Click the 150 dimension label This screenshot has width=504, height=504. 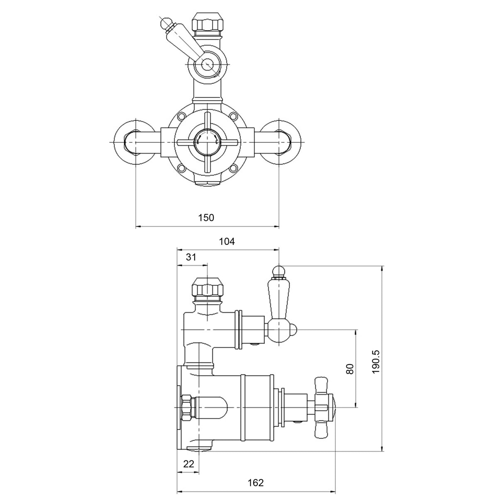tap(206, 218)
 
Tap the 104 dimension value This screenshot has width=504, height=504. tap(227, 242)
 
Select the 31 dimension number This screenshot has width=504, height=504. tap(191, 257)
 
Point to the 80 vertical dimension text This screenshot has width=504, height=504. tap(350, 369)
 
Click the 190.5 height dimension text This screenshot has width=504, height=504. tap(376, 360)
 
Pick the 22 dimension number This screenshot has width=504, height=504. tap(188, 464)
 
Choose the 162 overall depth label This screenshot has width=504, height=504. tap(256, 483)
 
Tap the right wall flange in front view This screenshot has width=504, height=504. tap(283, 142)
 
